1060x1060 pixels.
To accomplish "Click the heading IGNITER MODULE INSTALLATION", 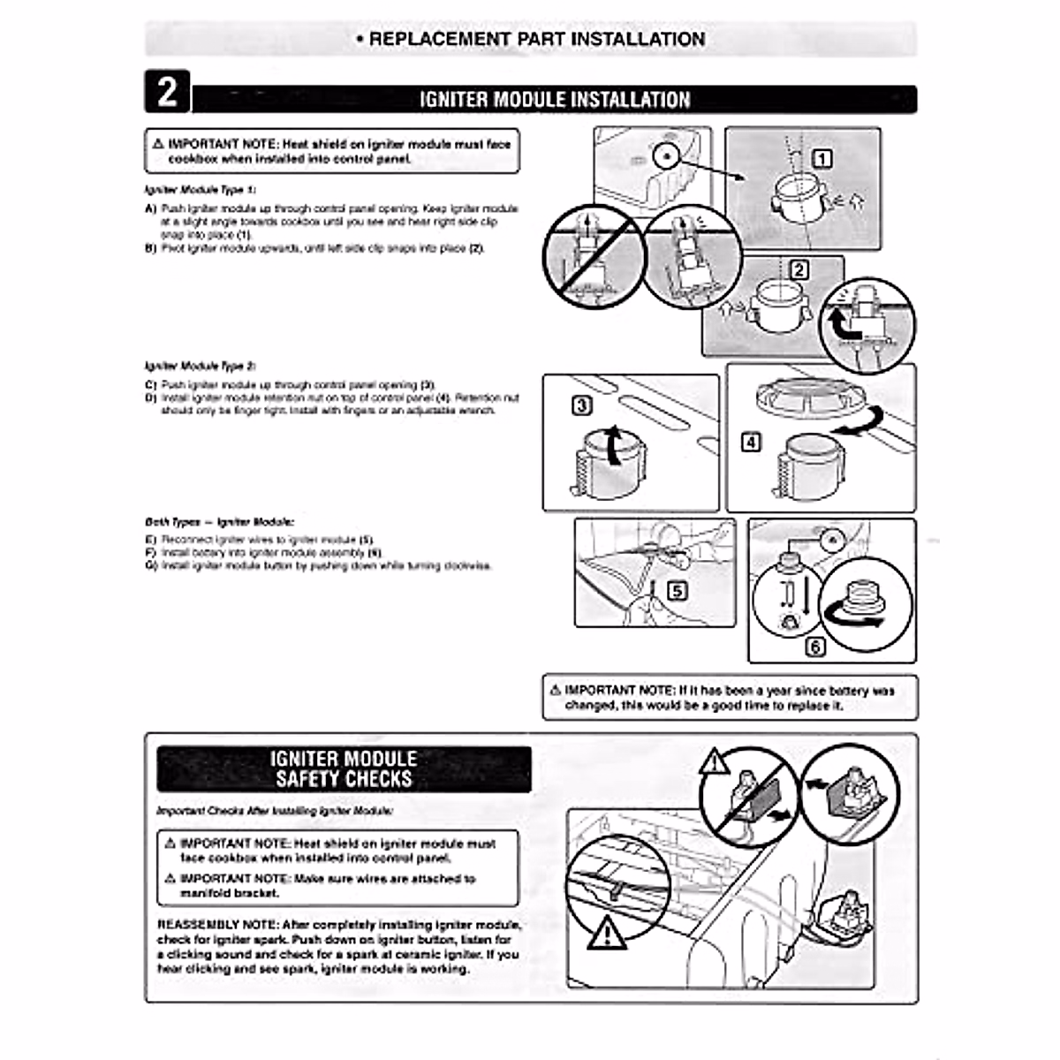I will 554,99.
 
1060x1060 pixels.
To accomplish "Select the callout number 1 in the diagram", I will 821,159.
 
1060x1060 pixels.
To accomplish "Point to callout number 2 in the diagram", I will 799,270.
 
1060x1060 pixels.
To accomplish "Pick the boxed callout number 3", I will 582,405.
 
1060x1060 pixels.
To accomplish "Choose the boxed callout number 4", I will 750,442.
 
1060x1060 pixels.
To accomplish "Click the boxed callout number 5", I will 677,590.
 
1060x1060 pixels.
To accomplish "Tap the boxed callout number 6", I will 815,647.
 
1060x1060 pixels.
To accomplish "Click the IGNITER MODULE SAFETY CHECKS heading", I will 344,768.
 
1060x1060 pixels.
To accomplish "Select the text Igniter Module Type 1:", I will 201,190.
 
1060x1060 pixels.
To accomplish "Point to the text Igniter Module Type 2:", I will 201,366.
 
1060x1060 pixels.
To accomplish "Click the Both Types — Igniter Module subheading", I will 219,522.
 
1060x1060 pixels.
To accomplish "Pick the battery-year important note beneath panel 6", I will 730,698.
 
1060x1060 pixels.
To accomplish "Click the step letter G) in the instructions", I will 150,565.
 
